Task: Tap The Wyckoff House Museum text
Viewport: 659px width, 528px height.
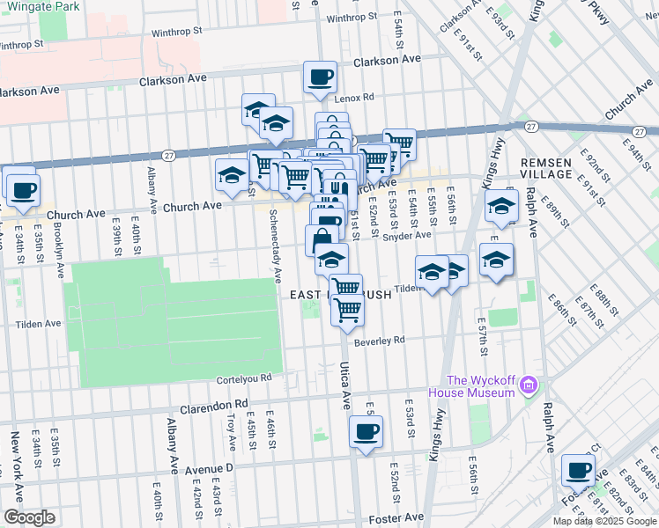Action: pos(480,386)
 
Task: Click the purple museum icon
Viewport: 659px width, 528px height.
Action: pos(528,385)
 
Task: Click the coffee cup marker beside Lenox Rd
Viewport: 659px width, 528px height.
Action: pos(320,77)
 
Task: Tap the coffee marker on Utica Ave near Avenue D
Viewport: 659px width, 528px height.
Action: pos(366,432)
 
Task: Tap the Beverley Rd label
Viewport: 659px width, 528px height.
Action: pos(380,341)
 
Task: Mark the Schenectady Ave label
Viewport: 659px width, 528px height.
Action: pos(275,240)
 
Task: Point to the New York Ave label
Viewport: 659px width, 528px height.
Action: pos(15,454)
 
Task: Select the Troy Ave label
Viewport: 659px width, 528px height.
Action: pos(231,426)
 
